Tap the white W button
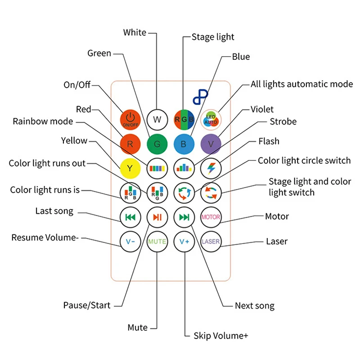157,119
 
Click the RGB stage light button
184,119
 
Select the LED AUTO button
211,119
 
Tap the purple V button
211,144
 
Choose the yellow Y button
130,169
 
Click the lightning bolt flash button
211,169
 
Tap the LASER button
211,241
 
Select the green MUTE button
157,241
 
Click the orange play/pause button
157,217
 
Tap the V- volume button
130,241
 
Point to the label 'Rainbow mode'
43,121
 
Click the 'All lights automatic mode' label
301,84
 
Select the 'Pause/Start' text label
87,306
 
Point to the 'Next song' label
254,306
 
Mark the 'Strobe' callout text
283,121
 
